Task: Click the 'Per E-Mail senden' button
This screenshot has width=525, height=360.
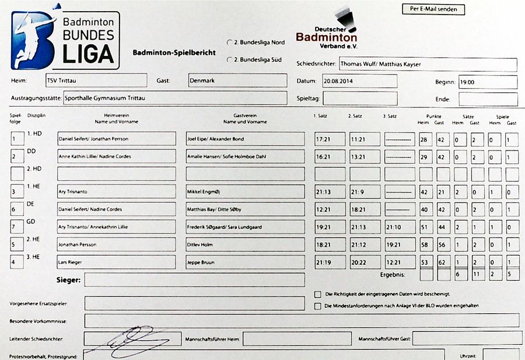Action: point(433,9)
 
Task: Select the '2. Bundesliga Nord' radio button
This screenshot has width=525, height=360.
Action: point(229,43)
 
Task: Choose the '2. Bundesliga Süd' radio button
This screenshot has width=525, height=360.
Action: point(229,60)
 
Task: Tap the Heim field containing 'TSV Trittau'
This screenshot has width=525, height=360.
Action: point(96,81)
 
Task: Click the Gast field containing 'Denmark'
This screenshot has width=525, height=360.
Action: point(237,81)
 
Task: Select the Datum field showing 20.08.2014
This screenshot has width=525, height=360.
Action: point(359,81)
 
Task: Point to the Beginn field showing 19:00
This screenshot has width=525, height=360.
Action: point(488,82)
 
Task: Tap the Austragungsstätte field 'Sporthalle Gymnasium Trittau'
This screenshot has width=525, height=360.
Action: point(174,98)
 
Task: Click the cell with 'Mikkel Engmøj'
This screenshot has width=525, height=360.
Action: point(245,192)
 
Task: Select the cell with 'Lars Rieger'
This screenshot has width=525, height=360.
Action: point(116,262)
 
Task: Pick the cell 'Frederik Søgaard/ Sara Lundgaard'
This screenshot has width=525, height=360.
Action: point(245,227)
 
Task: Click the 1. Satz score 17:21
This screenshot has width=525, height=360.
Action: point(330,139)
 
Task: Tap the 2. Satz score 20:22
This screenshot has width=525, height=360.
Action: point(365,262)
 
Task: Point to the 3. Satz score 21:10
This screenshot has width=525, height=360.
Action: point(400,227)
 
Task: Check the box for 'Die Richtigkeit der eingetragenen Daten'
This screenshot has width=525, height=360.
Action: point(318,294)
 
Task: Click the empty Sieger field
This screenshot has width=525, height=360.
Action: point(194,280)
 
